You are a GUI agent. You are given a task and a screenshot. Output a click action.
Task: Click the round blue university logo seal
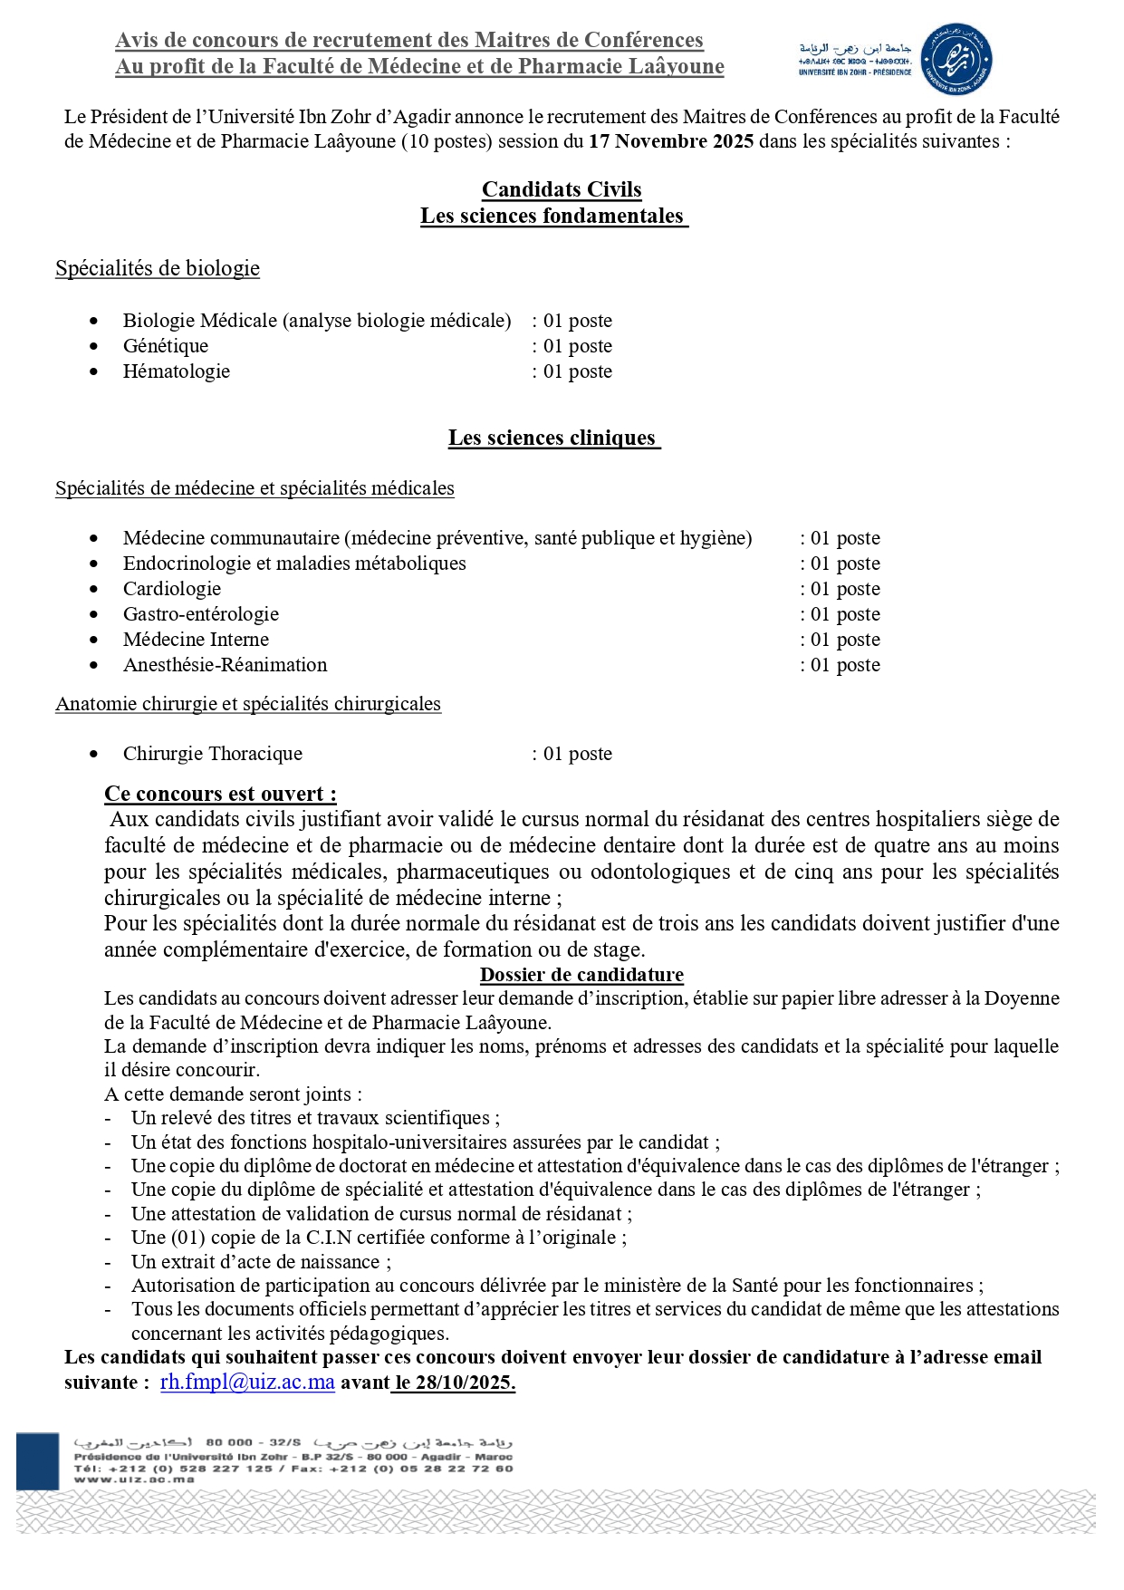pos(956,60)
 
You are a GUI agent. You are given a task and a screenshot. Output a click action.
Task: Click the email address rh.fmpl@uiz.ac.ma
pos(247,1383)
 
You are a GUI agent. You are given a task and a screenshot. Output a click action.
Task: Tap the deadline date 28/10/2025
pos(465,1383)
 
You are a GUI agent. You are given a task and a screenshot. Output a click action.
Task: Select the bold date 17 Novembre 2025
pos(670,141)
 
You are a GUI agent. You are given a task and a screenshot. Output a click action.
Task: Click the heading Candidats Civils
pos(562,189)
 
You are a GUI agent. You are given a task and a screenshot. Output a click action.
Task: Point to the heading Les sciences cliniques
pos(552,438)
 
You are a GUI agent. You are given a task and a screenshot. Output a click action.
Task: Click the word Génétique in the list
pos(166,346)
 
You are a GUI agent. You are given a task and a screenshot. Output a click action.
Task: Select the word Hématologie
pos(177,371)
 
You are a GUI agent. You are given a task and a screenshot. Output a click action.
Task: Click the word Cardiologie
pos(172,589)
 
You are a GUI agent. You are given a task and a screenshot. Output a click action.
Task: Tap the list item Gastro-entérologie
pos(201,614)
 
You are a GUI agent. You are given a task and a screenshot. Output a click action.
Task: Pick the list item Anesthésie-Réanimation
pos(226,665)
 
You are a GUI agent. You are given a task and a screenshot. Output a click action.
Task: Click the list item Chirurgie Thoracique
pos(213,754)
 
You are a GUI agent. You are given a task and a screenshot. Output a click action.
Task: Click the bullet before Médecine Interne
pos(94,640)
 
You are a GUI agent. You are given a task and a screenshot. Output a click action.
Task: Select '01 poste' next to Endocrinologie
pos(845,564)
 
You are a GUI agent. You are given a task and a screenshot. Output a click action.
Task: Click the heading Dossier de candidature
pos(581,975)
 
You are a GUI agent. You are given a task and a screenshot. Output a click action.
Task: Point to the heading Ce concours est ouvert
pos(220,794)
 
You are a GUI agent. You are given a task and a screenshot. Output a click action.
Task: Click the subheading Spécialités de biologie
pos(158,268)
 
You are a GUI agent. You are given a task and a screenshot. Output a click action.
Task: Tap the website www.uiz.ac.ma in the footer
pos(134,1479)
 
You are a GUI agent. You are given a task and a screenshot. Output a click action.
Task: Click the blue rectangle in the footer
pos(37,1460)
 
